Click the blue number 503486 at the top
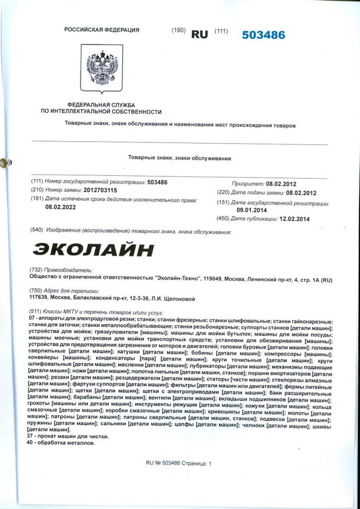[264, 35]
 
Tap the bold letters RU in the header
[199, 34]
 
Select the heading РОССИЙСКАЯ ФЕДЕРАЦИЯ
[101, 30]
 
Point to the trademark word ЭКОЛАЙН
[93, 249]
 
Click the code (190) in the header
[178, 30]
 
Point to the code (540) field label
[37, 232]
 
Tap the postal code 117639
[41, 298]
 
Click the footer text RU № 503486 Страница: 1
[179, 463]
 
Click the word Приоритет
[247, 183]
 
